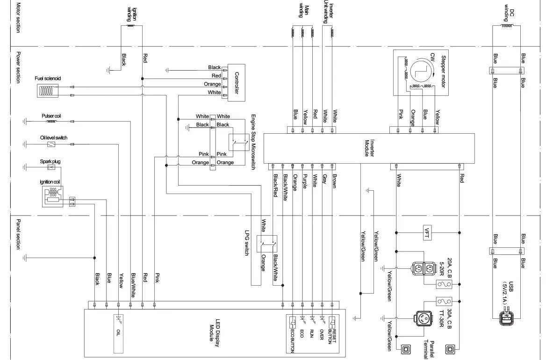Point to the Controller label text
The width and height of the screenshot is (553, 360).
coord(237,83)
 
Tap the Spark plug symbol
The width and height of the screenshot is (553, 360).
coord(51,167)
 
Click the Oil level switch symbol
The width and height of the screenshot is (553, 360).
coord(51,144)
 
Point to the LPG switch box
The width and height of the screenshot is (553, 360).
coord(270,243)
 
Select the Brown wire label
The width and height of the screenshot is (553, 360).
coord(334,181)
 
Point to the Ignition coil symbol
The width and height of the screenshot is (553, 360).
coord(52,196)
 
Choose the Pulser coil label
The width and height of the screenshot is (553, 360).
coord(51,115)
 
